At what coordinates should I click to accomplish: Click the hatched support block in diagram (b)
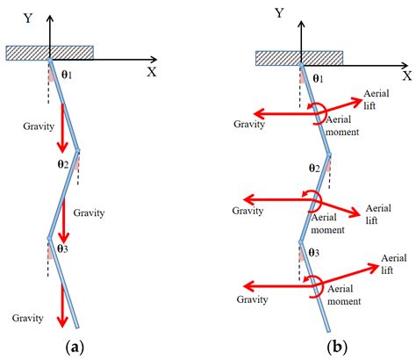click(298, 58)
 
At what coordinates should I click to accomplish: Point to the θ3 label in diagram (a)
click(63, 248)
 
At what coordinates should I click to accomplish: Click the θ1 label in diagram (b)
click(318, 78)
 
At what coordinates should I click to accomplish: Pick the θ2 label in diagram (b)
click(313, 167)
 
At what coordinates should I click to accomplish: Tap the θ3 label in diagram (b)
click(313, 253)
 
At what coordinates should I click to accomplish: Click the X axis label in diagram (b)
click(407, 76)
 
